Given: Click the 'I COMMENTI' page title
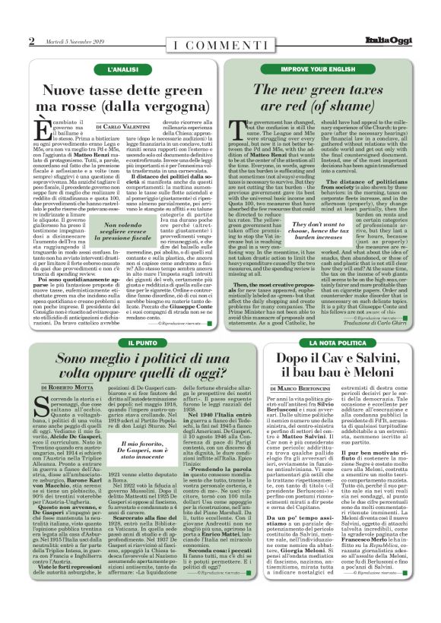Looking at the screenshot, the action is pos(220,41).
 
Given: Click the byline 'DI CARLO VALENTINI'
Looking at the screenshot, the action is pos(124,126).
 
